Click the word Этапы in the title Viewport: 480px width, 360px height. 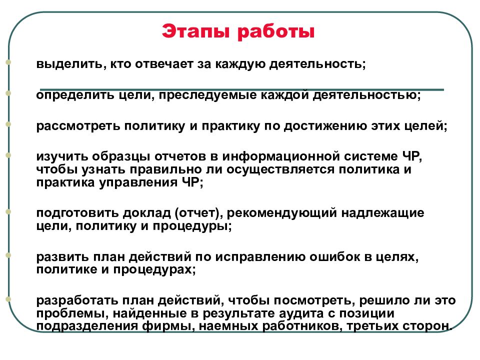pos(195,31)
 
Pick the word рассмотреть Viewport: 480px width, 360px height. pos(78,126)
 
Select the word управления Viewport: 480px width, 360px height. pos(138,183)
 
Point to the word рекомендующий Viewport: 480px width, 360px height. pos(282,213)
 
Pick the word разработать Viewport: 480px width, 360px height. pos(77,300)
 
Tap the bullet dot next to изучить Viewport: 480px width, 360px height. pos(8,155)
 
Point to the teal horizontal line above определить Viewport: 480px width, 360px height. pos(242,89)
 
